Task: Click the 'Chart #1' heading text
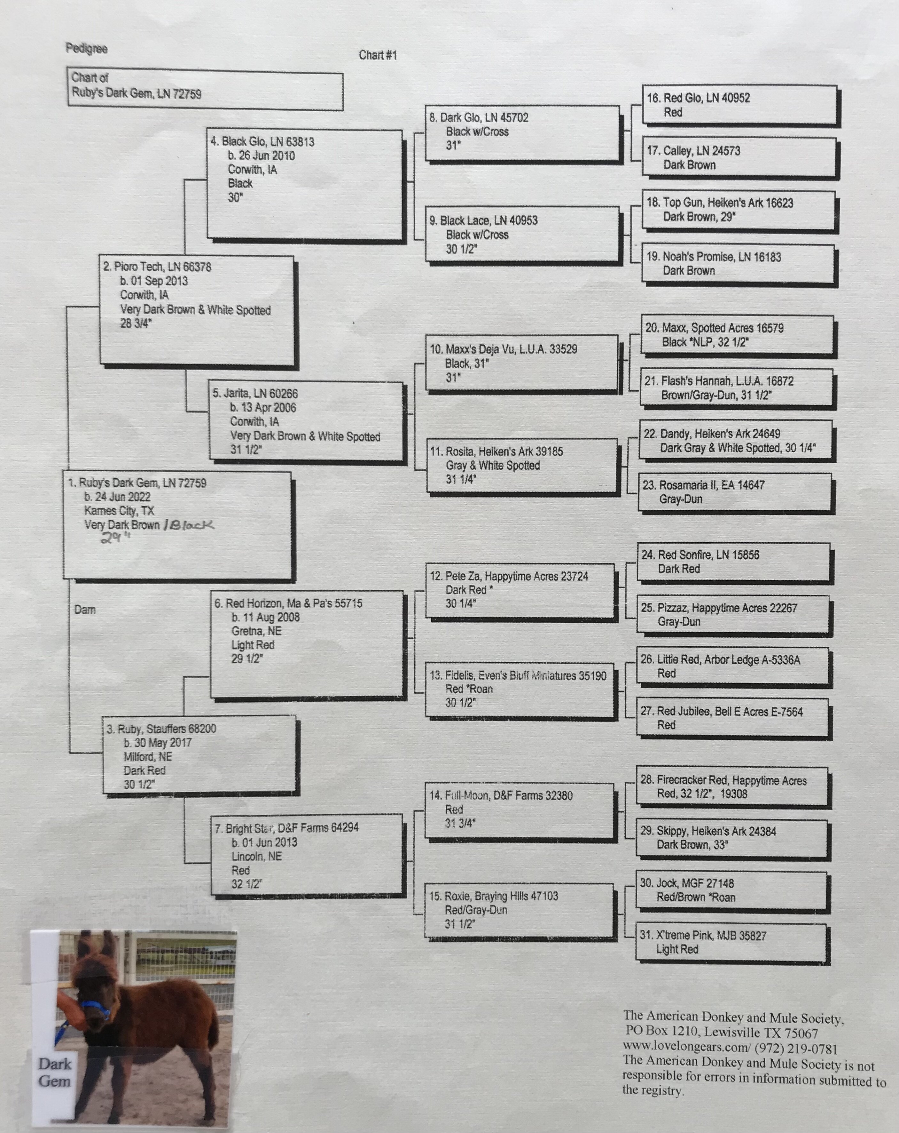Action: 378,55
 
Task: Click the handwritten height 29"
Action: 115,538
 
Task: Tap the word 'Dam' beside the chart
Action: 85,610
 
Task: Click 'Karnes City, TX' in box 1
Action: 119,510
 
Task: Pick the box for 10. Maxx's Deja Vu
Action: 522,363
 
